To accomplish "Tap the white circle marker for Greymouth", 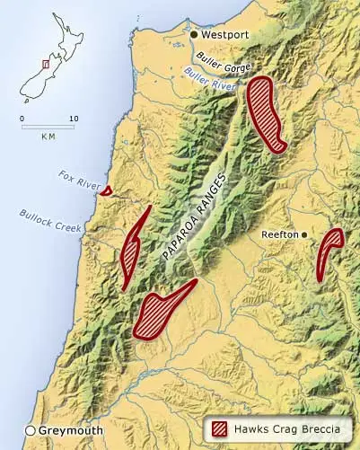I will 30,430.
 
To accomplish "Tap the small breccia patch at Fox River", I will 106,190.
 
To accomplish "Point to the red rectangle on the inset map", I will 46,64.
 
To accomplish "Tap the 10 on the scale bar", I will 74,119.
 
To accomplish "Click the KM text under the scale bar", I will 48,137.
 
